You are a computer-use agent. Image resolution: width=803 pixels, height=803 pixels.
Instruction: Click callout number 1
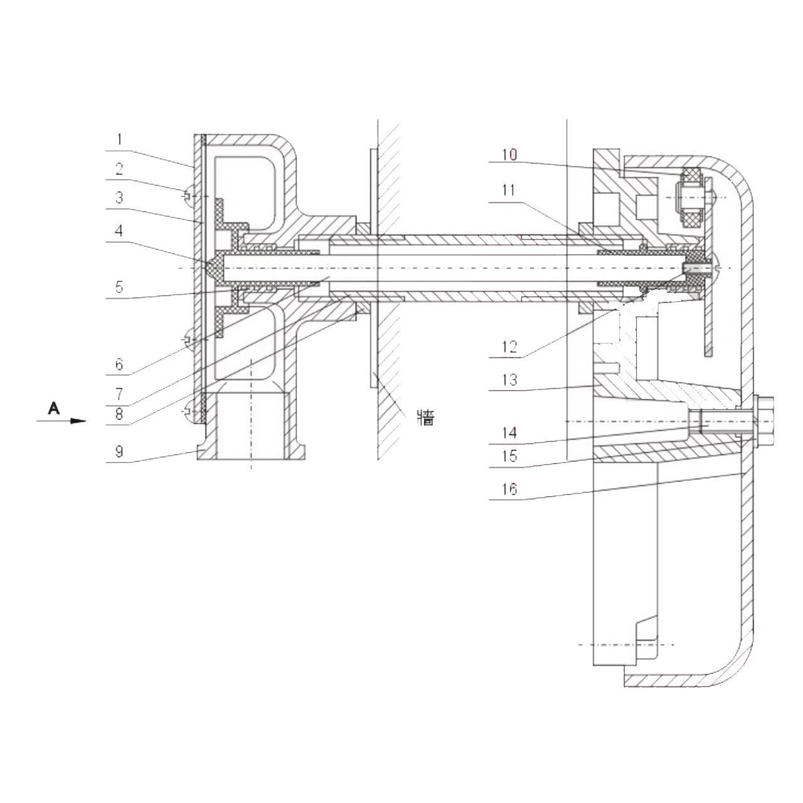(120, 139)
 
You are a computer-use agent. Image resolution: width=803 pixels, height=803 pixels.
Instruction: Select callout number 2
(120, 169)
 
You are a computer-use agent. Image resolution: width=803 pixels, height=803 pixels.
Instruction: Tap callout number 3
(120, 198)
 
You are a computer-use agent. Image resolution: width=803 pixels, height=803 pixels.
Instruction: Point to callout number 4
(120, 230)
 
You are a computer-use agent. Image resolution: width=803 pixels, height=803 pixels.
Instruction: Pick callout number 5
(120, 287)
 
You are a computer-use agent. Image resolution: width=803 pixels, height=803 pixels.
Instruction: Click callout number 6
(120, 364)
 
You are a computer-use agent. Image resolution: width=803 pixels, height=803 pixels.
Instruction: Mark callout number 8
(120, 414)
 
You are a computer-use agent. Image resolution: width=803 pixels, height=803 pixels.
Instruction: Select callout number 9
(120, 452)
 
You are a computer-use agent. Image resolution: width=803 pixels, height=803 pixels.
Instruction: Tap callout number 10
(509, 154)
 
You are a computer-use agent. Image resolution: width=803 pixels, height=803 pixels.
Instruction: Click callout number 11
(509, 191)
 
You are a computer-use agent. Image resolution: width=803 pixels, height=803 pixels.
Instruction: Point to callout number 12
(509, 347)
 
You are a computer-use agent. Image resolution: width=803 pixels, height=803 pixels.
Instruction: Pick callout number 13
(509, 380)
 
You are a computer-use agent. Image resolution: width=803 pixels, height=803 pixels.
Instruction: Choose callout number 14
(509, 433)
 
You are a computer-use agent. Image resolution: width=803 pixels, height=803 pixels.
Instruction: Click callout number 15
(509, 456)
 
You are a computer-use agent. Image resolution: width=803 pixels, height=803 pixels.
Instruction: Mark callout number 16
(509, 488)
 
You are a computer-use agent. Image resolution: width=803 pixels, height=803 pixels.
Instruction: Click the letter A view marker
(54, 408)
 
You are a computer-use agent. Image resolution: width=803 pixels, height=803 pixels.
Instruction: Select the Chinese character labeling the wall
(425, 418)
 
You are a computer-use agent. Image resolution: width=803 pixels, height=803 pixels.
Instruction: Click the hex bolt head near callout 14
(764, 422)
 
